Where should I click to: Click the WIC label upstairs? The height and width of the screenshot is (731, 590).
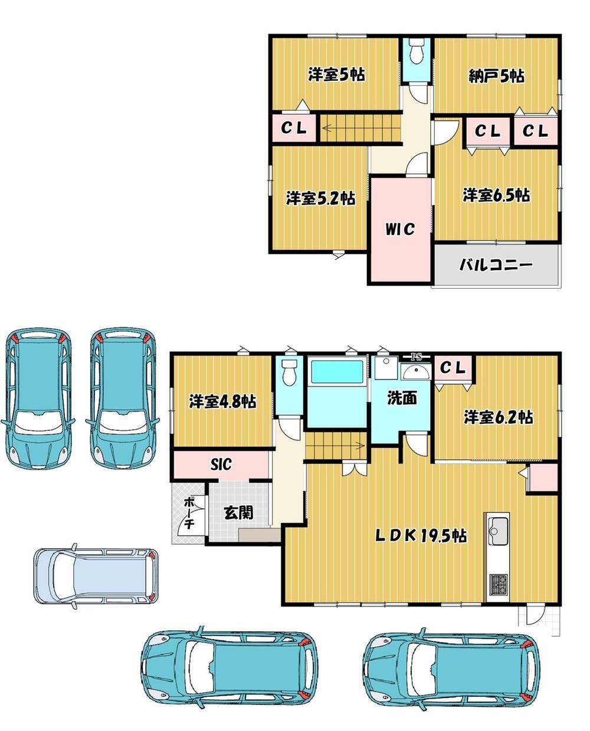pyautogui.click(x=400, y=229)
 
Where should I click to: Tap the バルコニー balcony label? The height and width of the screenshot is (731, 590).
pyautogui.click(x=496, y=265)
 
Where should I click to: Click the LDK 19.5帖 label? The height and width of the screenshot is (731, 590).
pyautogui.click(x=421, y=536)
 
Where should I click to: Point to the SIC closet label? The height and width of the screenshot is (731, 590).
pyautogui.click(x=221, y=465)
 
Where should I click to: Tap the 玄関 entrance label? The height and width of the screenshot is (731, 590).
pyautogui.click(x=239, y=512)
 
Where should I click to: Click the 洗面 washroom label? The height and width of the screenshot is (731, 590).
pyautogui.click(x=402, y=398)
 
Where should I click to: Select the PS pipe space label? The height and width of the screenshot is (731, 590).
pyautogui.click(x=416, y=357)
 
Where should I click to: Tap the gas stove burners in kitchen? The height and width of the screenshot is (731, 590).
pyautogui.click(x=499, y=585)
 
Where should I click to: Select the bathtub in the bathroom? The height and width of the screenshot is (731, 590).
pyautogui.click(x=337, y=373)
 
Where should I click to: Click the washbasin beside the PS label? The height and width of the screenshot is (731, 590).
pyautogui.click(x=416, y=372)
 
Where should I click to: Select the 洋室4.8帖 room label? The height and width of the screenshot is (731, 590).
pyautogui.click(x=223, y=401)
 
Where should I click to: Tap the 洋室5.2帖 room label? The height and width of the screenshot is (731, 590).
pyautogui.click(x=321, y=198)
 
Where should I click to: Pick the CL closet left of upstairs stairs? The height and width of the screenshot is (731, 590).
pyautogui.click(x=294, y=129)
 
